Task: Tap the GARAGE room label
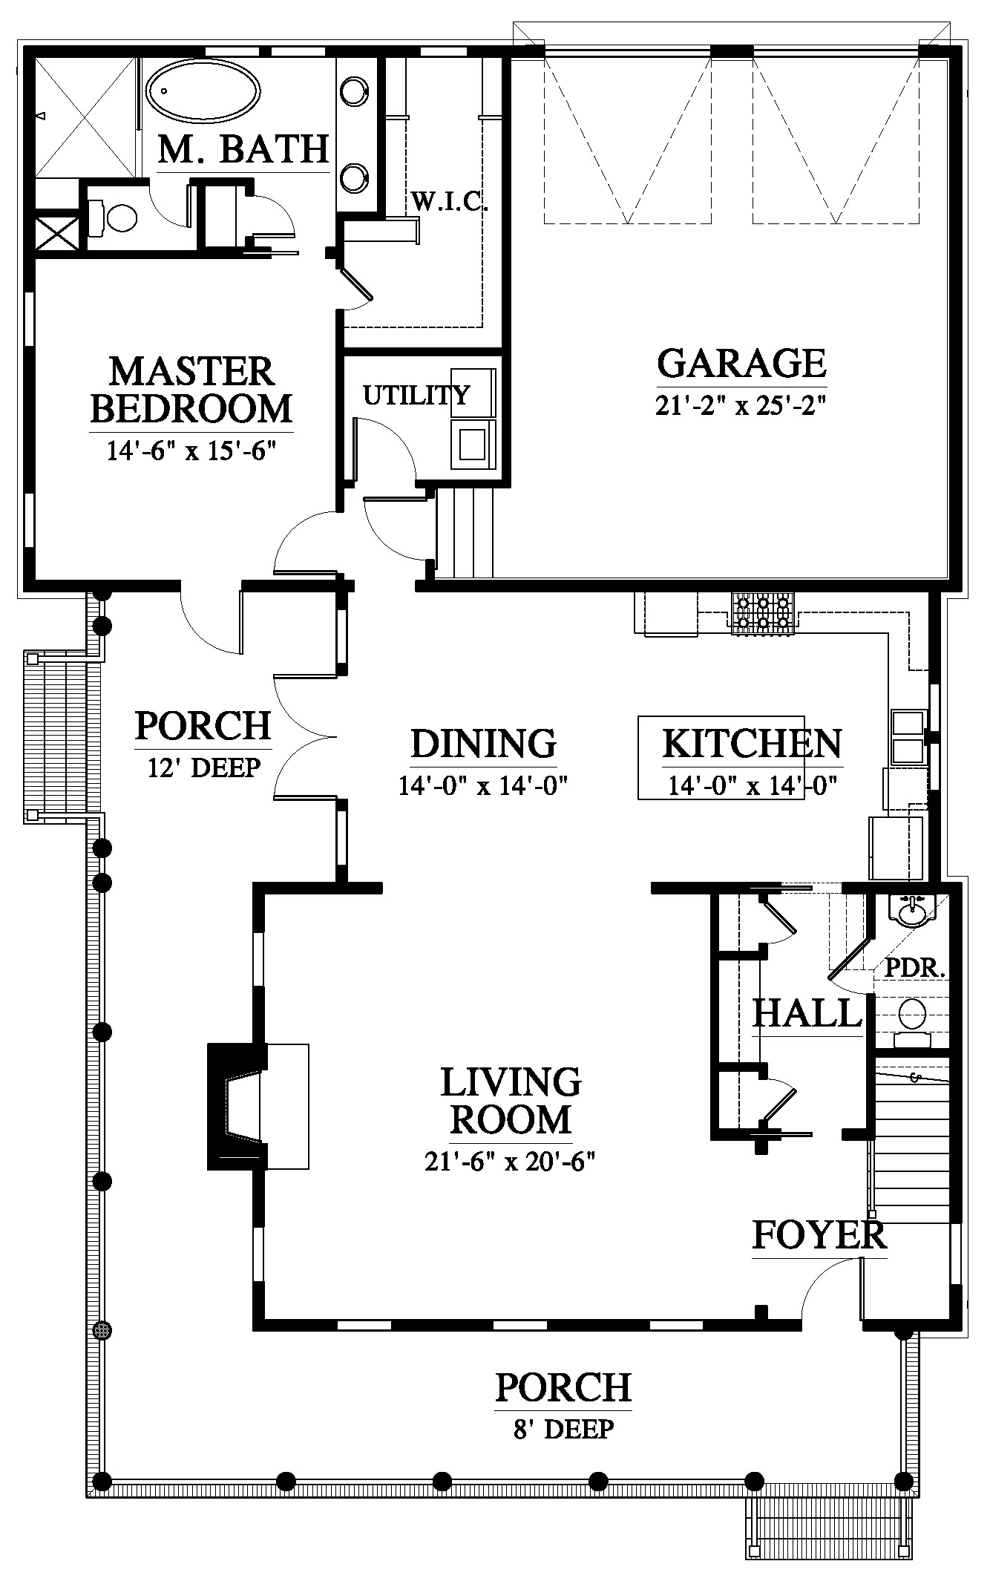(741, 364)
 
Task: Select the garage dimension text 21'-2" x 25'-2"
(741, 405)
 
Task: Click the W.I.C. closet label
(449, 202)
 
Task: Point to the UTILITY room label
(416, 395)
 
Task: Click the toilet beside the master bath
(114, 218)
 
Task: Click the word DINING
(483, 744)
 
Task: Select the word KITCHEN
(752, 744)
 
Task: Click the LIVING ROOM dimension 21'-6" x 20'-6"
(511, 1161)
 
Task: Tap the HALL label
(807, 1012)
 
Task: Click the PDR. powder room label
(915, 968)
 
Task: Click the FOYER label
(819, 1235)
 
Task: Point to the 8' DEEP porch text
(564, 1427)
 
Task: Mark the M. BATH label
(243, 148)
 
